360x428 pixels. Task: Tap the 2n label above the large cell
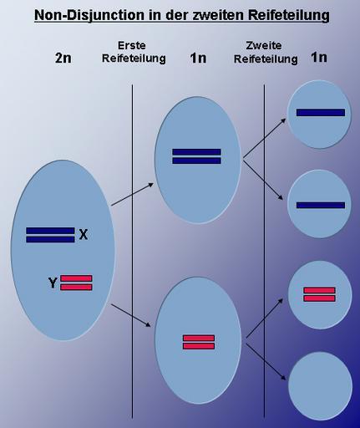(x=63, y=58)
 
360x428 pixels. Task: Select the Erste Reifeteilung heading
(x=134, y=52)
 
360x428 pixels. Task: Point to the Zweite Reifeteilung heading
(x=266, y=52)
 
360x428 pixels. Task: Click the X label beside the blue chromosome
(x=84, y=235)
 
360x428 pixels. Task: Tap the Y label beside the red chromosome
(x=53, y=283)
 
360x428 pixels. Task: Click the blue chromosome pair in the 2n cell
(x=50, y=235)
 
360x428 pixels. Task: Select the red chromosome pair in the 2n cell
(x=76, y=283)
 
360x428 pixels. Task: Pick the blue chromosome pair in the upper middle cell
(x=196, y=156)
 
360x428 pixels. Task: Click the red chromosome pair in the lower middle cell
(x=199, y=342)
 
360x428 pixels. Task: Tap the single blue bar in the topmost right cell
(x=321, y=113)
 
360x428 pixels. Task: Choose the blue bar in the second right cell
(x=321, y=206)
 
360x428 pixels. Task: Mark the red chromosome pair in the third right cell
(x=319, y=294)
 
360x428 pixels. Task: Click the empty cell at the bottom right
(x=320, y=386)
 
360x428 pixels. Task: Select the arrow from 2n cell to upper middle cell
(x=132, y=194)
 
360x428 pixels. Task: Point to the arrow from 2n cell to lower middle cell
(x=131, y=315)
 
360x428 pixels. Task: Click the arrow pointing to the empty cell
(x=266, y=362)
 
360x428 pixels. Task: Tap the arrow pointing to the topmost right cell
(x=265, y=138)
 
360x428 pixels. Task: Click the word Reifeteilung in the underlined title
(x=288, y=15)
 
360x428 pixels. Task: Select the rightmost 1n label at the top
(x=319, y=58)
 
